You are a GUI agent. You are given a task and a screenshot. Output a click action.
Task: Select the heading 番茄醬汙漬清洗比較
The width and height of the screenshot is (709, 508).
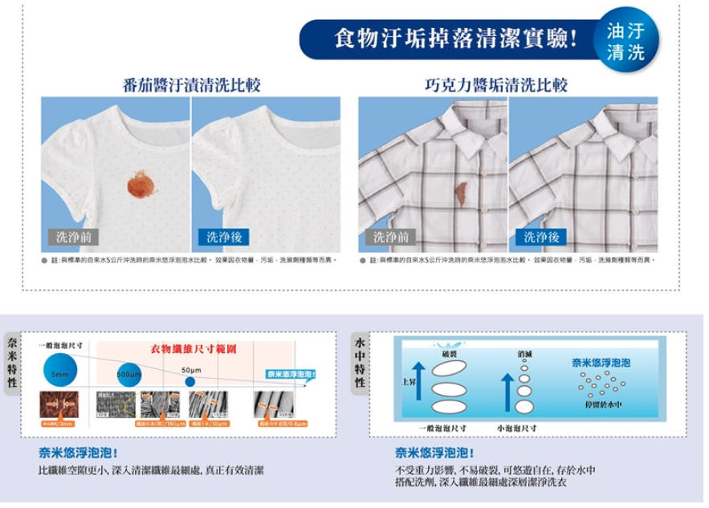[x=191, y=85]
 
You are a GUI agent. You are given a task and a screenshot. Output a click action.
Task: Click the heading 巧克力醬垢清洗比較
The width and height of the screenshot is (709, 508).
[x=507, y=85]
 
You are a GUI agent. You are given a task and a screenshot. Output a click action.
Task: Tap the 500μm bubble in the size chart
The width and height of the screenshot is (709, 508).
[x=129, y=375]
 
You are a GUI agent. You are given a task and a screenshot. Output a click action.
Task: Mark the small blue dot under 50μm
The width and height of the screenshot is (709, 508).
[x=189, y=381]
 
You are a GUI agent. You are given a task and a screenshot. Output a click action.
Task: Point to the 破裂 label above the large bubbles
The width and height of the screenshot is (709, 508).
[x=450, y=355]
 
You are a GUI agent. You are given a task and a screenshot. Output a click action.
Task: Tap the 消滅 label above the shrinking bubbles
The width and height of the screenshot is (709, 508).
[x=527, y=355]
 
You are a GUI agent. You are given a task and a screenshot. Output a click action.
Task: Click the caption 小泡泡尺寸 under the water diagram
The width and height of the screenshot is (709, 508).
[x=517, y=428]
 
